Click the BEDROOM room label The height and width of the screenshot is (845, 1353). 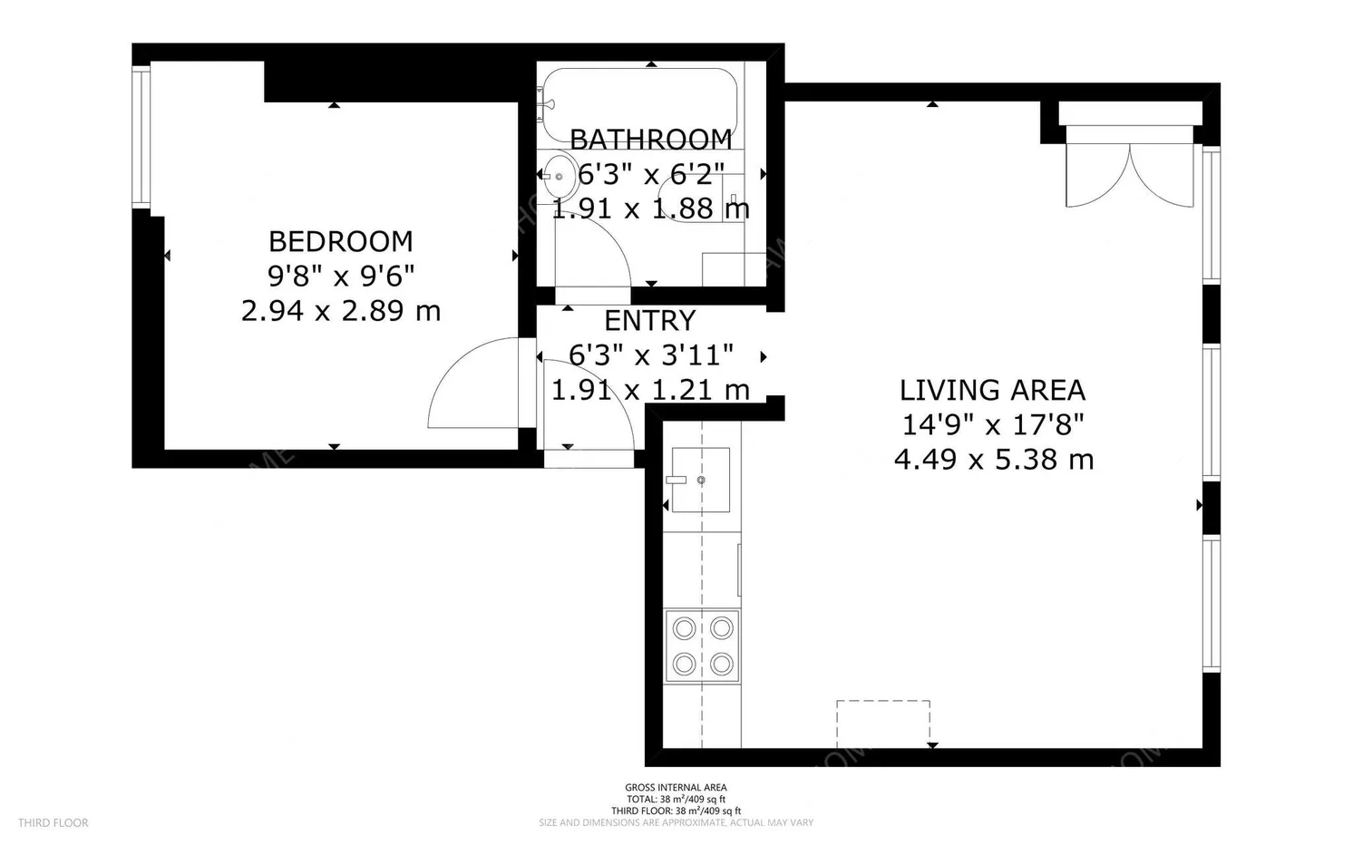click(340, 241)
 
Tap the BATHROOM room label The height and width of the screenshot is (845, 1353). click(650, 140)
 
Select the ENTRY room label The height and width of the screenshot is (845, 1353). click(649, 321)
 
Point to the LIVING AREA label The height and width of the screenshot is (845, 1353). click(992, 391)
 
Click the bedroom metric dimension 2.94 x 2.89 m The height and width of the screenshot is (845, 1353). click(340, 311)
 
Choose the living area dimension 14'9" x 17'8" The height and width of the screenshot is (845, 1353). click(993, 424)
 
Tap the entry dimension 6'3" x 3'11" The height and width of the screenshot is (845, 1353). click(649, 355)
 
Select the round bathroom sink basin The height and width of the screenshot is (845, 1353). click(558, 177)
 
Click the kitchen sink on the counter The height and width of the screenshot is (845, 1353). click(700, 480)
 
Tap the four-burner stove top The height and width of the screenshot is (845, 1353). click(702, 646)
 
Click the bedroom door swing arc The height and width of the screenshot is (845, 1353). click(472, 385)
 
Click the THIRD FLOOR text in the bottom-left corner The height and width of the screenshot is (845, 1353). click(54, 823)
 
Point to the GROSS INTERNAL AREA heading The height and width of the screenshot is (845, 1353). click(676, 788)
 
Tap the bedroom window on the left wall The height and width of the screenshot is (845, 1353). click(141, 136)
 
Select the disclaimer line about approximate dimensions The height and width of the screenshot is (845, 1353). click(676, 823)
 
